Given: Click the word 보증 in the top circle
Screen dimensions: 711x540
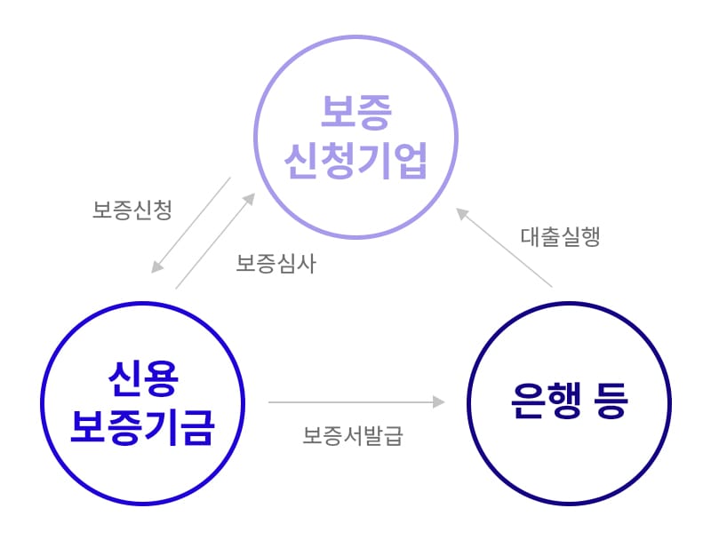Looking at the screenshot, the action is click(356, 112).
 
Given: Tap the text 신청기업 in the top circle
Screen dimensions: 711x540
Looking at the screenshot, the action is click(356, 161).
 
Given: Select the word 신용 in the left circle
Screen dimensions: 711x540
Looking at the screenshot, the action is click(143, 378).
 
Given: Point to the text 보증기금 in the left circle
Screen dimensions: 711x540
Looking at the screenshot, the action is click(143, 427).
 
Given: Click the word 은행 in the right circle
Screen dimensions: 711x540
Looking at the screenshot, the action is click(546, 401).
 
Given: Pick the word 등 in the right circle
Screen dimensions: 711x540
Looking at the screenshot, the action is click(611, 401).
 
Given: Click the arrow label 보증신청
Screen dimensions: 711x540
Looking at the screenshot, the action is click(132, 210).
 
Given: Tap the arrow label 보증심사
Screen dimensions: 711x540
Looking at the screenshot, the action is click(276, 263).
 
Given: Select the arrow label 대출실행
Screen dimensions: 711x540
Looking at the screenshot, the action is click(561, 236).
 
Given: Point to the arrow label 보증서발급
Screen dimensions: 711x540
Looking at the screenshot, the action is click(352, 435).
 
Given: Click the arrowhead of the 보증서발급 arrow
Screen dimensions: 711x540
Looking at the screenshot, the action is click(439, 401).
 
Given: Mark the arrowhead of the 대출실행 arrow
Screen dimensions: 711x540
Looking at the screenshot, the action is click(461, 213).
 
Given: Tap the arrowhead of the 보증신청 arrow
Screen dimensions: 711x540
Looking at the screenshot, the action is click(157, 266).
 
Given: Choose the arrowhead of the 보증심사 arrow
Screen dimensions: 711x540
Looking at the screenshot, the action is click(250, 199).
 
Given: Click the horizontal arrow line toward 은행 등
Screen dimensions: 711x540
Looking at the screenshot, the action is click(357, 401).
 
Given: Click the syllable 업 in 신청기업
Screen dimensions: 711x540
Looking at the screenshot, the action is click(411, 161).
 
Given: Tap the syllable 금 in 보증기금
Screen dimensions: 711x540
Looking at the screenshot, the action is click(197, 427).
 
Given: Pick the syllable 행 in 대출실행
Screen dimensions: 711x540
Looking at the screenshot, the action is click(591, 236).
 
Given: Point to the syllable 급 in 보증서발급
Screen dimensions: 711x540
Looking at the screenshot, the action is click(393, 435).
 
